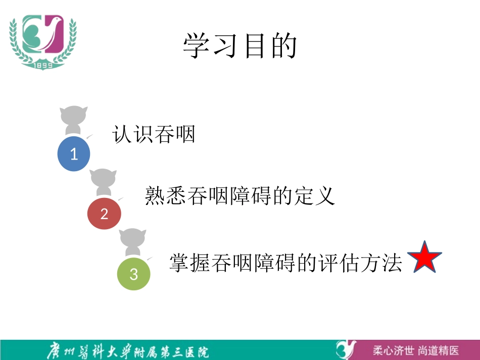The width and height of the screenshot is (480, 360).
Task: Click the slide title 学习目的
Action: tap(239, 46)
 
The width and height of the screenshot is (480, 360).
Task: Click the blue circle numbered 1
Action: tap(74, 153)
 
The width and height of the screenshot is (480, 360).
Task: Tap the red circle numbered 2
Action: tap(104, 214)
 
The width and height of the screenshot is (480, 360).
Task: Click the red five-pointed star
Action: tap(424, 258)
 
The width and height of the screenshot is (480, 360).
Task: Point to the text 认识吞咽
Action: tap(154, 134)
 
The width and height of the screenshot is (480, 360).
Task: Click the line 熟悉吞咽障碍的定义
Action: tap(240, 195)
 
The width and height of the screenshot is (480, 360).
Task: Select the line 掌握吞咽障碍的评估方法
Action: tap(285, 263)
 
